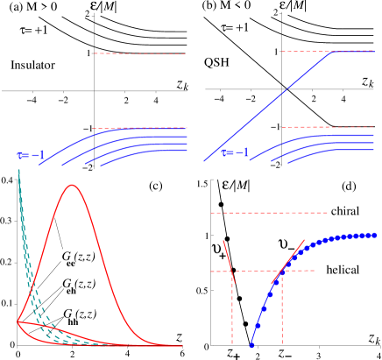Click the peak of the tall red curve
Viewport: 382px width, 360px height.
coord(71,185)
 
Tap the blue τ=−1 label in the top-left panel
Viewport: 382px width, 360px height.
coord(31,155)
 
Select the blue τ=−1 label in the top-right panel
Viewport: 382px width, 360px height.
coord(234,152)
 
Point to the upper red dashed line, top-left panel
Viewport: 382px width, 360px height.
coord(140,53)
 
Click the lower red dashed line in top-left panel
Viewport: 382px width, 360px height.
coord(140,128)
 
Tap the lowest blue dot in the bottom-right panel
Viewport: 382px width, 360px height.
coord(251,345)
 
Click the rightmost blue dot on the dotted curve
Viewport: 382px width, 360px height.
coord(374,235)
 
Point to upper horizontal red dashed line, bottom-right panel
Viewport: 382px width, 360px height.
coord(269,212)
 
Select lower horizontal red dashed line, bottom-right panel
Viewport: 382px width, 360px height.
coord(263,271)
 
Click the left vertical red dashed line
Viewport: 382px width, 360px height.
coord(232,311)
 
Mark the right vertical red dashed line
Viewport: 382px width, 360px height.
coord(282,311)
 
